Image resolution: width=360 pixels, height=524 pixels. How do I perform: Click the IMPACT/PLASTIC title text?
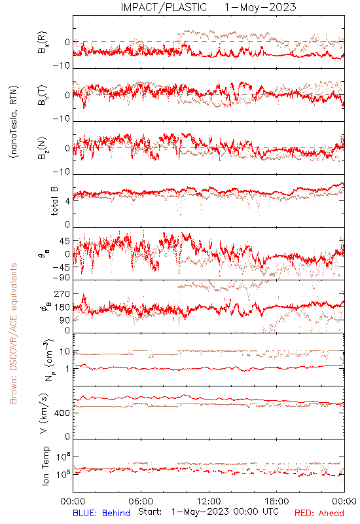coord(164,7)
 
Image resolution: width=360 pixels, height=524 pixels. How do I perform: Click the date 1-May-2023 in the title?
coord(261,7)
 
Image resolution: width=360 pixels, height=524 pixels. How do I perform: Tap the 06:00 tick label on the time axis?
coord(141,501)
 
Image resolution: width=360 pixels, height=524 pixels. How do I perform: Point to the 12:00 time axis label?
coord(209,501)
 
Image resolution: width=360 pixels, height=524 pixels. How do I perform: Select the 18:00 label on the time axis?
coord(277,501)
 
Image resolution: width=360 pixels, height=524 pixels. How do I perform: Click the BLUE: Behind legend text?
coord(101,513)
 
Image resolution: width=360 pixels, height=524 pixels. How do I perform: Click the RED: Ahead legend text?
coord(319,513)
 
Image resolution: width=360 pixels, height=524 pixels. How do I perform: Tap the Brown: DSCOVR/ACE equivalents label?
coord(13,333)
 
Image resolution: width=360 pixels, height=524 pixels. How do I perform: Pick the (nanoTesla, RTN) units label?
coord(14,122)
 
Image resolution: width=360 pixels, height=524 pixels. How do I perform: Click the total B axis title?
coord(54,201)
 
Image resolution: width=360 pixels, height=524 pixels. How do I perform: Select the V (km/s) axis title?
coord(44,413)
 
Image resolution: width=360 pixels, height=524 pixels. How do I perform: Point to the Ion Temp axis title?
coord(45,466)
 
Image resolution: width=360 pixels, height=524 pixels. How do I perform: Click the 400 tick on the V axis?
coord(62,413)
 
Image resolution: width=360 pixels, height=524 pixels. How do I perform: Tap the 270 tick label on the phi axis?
coord(62,293)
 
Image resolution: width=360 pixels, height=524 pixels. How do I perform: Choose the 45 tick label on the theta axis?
coord(64,241)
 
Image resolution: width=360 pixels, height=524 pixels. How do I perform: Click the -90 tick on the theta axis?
coord(62,278)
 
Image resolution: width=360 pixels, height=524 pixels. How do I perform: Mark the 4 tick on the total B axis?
coord(68,201)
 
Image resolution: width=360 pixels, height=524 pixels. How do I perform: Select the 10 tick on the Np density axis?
coord(64,352)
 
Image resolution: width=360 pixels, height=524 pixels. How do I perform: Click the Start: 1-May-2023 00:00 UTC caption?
coord(208,512)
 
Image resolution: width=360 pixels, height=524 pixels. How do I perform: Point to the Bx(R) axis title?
coord(43,43)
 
